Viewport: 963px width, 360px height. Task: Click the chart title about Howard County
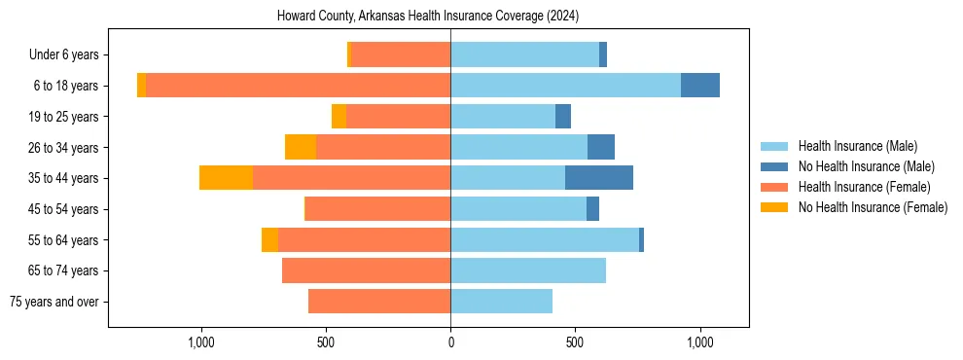pyautogui.click(x=428, y=16)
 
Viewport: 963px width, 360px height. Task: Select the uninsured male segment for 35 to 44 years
pyautogui.click(x=599, y=178)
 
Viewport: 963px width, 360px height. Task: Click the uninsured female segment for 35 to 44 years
pyautogui.click(x=226, y=178)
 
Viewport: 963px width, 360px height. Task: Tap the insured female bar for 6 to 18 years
pyautogui.click(x=298, y=86)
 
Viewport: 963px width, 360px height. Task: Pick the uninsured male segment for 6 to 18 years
pyautogui.click(x=700, y=86)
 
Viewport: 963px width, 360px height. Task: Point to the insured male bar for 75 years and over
pyautogui.click(x=501, y=302)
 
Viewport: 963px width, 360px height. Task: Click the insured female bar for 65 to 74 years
pyautogui.click(x=366, y=270)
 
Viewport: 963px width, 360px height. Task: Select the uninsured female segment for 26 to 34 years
pyautogui.click(x=301, y=147)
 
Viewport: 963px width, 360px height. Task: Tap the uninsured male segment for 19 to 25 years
pyautogui.click(x=563, y=117)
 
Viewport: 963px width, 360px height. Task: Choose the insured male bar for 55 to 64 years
pyautogui.click(x=545, y=239)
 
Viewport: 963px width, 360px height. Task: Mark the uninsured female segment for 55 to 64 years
pyautogui.click(x=269, y=239)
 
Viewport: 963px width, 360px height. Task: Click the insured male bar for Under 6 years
pyautogui.click(x=524, y=55)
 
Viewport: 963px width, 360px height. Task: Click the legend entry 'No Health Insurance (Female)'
pyautogui.click(x=873, y=207)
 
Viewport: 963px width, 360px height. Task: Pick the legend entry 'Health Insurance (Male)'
pyautogui.click(x=858, y=146)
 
